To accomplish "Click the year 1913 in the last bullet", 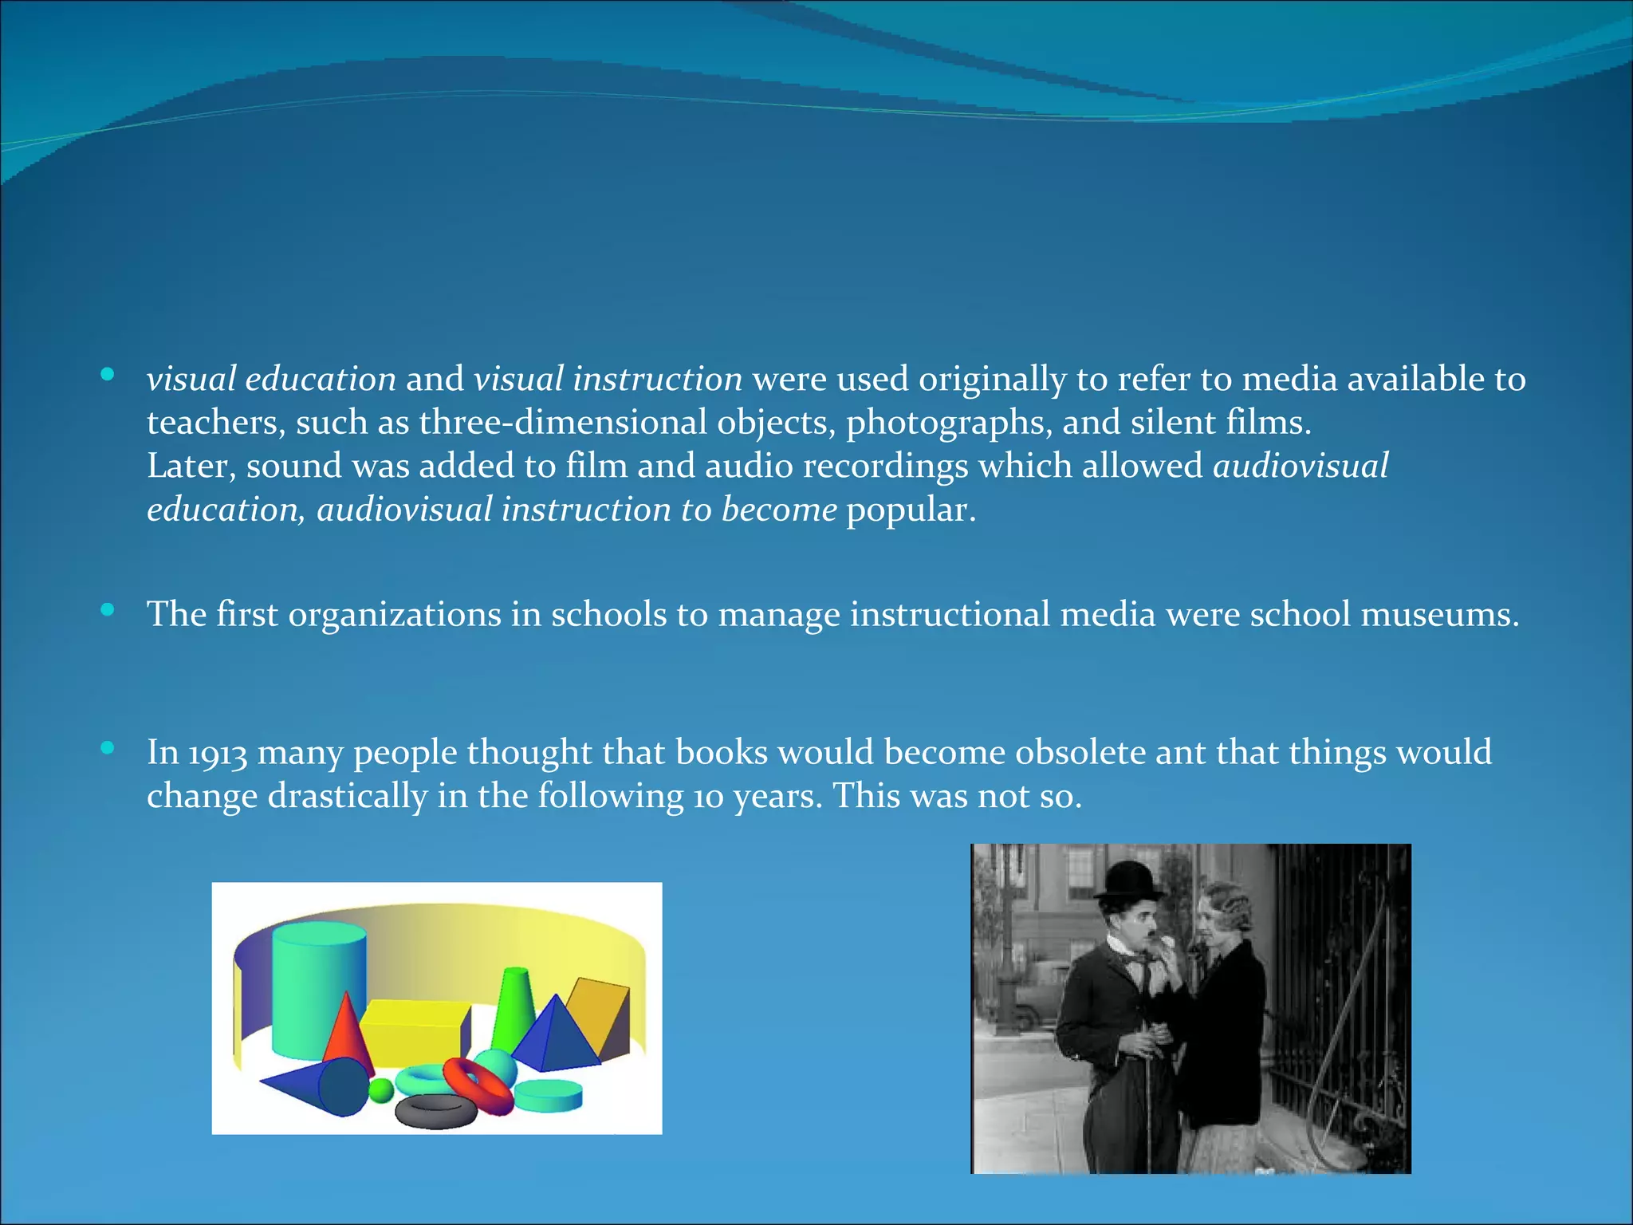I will pos(218,754).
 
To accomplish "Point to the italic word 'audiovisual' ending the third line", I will pos(1300,466).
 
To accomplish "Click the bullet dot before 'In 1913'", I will pos(108,749).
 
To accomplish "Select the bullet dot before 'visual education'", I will pos(108,375).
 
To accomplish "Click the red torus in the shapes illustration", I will pos(479,1085).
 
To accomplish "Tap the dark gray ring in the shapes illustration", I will pos(436,1111).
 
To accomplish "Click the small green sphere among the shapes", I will pos(382,1089).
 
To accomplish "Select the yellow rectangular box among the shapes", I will pos(415,1033).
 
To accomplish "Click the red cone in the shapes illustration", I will pos(347,1033).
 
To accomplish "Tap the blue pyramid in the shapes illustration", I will pos(558,1037).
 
